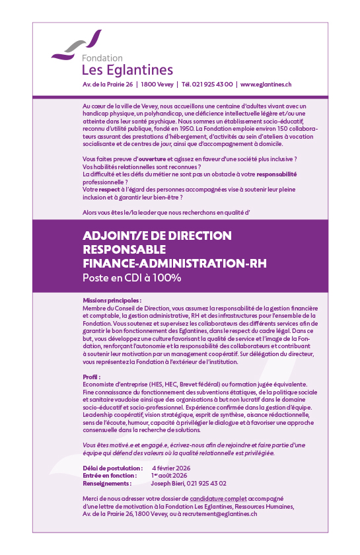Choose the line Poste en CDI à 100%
tap(132, 278)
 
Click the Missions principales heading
tap(112, 300)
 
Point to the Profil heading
tap(91, 377)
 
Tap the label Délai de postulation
tap(110, 467)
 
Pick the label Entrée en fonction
tap(110, 475)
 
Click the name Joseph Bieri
tap(168, 483)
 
